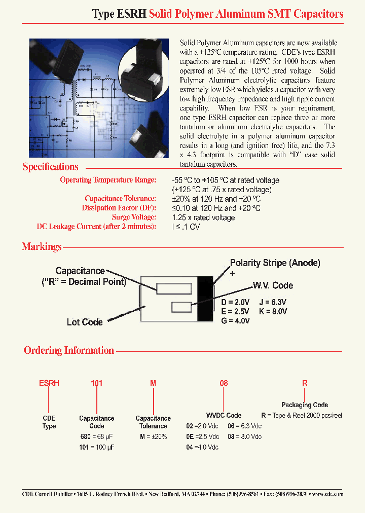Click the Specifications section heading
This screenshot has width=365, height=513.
(50, 167)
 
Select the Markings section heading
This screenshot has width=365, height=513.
(42, 247)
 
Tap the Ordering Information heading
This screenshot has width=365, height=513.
(69, 350)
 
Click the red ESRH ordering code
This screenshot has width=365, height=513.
(49, 384)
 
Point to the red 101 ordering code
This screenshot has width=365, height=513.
(96, 384)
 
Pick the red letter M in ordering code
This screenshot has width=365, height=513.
(153, 384)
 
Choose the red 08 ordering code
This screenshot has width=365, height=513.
(224, 384)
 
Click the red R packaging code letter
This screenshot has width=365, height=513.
(305, 384)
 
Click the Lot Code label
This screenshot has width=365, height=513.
(85, 322)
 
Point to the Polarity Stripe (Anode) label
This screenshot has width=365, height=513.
(275, 263)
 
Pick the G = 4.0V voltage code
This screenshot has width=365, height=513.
(236, 320)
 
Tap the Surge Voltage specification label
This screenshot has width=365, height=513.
(134, 217)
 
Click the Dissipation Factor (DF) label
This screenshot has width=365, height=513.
(119, 208)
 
